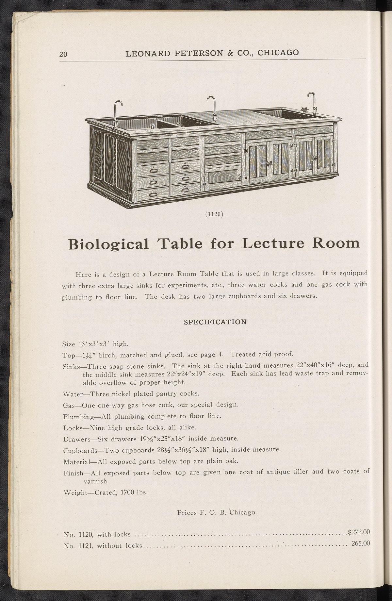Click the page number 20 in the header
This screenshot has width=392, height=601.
63,54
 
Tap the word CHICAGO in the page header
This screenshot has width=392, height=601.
278,53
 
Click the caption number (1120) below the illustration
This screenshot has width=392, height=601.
214,214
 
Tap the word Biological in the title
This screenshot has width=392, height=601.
108,244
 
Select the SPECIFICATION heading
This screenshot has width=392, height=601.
215,322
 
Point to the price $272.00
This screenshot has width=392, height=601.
358,532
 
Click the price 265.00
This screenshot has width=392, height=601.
360,543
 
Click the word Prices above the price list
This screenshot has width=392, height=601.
187,512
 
